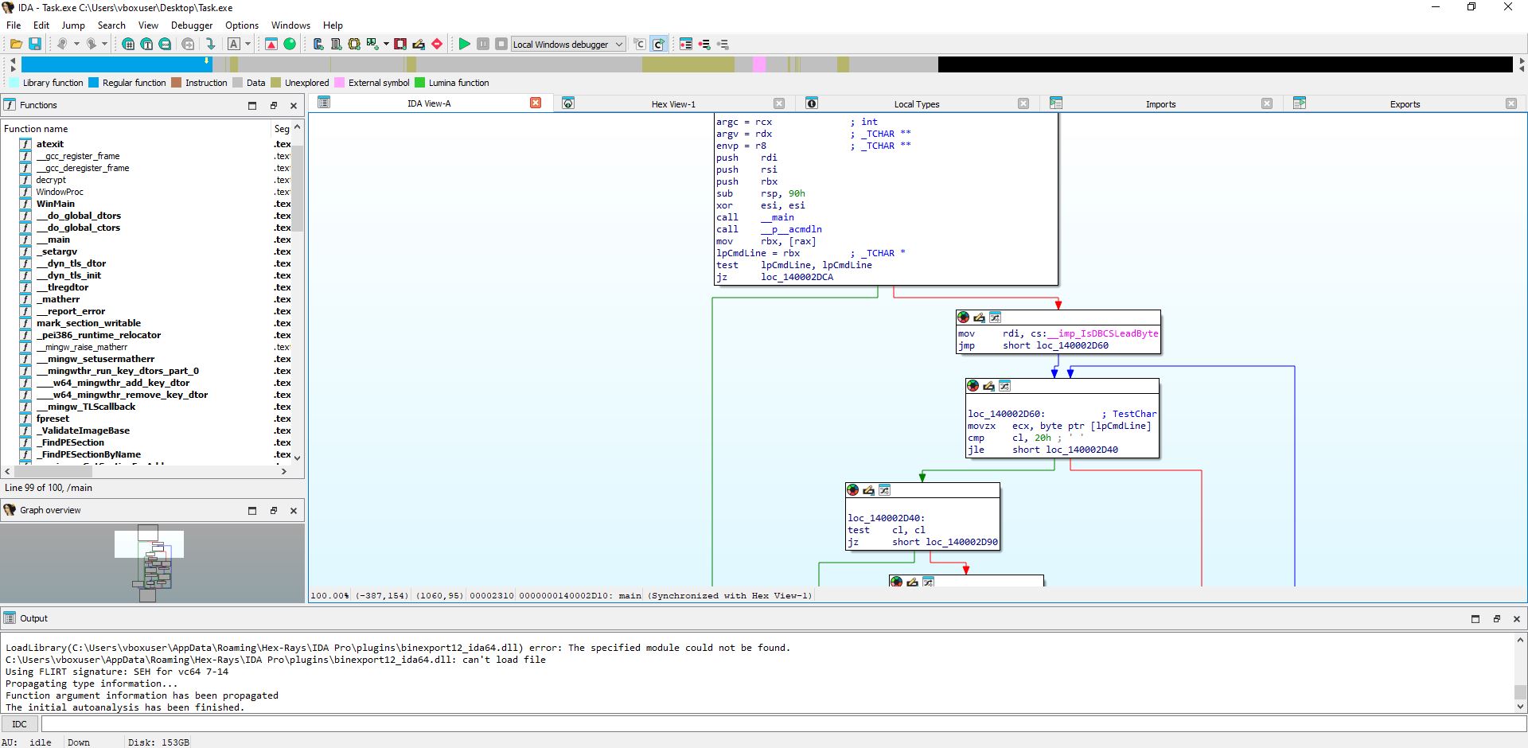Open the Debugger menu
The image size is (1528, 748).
pyautogui.click(x=192, y=25)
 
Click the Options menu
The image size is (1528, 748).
pyautogui.click(x=242, y=25)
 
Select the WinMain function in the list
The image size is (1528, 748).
pyautogui.click(x=56, y=204)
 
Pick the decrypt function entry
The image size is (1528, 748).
pyautogui.click(x=51, y=180)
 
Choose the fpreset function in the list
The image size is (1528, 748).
pyautogui.click(x=53, y=419)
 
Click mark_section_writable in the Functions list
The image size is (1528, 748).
pyautogui.click(x=88, y=323)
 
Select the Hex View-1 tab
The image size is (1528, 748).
pyautogui.click(x=673, y=104)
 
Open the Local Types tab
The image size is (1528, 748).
pyautogui.click(x=917, y=104)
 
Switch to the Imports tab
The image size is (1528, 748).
pyautogui.click(x=1160, y=104)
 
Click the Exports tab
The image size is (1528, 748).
pyautogui.click(x=1405, y=104)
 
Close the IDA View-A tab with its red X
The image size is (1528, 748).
pyautogui.click(x=536, y=103)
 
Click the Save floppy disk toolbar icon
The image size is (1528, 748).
pyautogui.click(x=35, y=44)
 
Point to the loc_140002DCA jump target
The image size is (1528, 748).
pyautogui.click(x=797, y=277)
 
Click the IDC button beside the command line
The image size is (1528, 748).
pyautogui.click(x=20, y=724)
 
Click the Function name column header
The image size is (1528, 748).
pyautogui.click(x=36, y=129)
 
